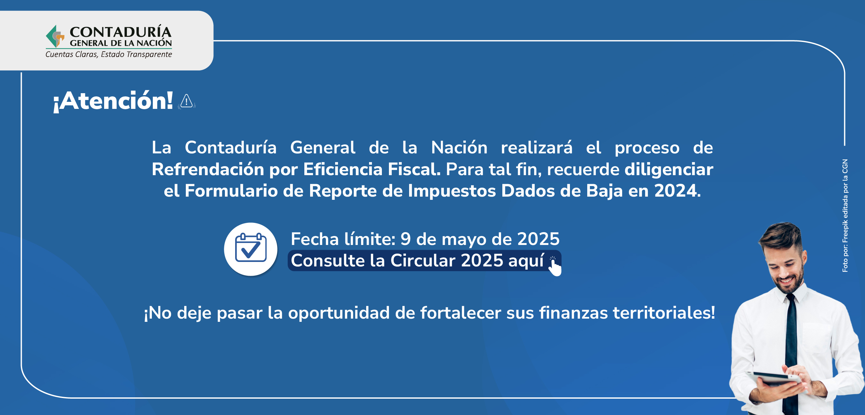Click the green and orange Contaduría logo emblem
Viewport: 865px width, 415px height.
pos(55,36)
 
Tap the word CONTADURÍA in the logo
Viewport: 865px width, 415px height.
pos(120,32)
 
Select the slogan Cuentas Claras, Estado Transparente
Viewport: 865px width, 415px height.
pos(109,54)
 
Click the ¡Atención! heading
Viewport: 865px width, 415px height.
pos(113,101)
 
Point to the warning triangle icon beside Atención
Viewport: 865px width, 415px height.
pos(186,101)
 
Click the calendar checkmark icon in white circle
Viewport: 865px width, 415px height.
pos(251,249)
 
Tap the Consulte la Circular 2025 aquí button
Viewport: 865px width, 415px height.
pos(424,261)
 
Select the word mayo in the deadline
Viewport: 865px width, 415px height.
pos(464,240)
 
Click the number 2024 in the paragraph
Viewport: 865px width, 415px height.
pos(675,191)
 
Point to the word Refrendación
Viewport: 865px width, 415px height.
pos(208,169)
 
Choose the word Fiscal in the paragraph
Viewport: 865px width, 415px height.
pos(414,169)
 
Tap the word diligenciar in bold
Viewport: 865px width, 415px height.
pos(669,169)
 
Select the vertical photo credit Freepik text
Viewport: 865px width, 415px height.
pos(845,216)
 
